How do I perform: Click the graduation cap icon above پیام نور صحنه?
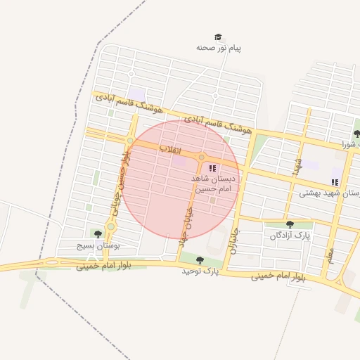[218, 37]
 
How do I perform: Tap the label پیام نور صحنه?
[219, 49]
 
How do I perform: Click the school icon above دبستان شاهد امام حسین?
[212, 168]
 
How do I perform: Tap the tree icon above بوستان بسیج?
[98, 233]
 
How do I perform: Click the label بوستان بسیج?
[99, 246]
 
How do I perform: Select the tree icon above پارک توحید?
[200, 260]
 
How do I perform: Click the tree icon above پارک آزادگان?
[290, 224]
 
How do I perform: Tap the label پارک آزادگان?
[290, 235]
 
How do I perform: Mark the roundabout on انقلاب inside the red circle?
[201, 157]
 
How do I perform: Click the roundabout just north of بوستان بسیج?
[110, 226]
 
